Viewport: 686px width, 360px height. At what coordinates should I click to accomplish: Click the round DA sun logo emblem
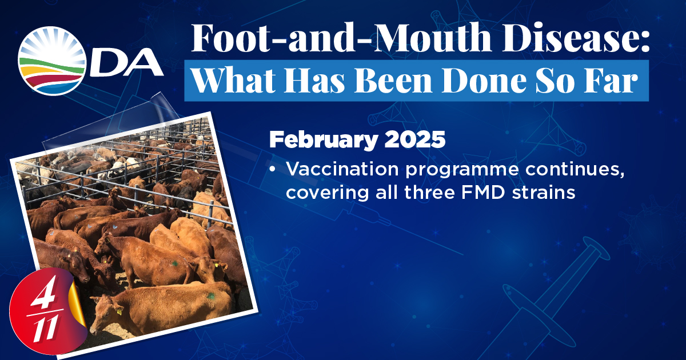pos(52,61)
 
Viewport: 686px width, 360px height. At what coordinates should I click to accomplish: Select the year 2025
pos(415,139)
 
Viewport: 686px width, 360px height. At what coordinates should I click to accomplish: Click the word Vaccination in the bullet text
pos(342,169)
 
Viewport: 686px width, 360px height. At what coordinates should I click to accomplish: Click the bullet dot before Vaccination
pos(273,170)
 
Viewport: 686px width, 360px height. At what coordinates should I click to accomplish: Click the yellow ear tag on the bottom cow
pos(119,311)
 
